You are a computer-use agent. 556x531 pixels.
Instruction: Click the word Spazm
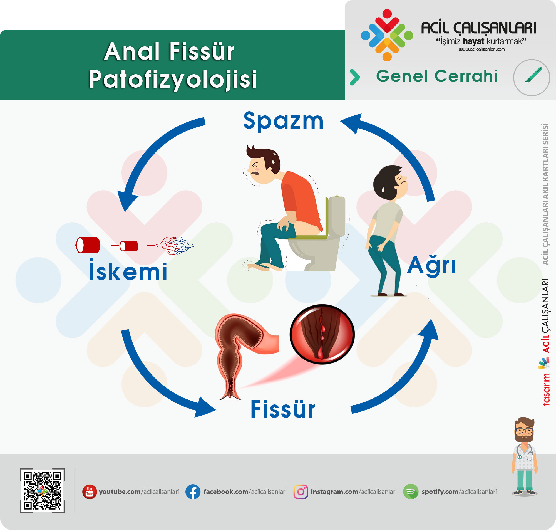[283, 121]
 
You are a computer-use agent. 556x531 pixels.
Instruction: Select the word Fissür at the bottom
[283, 409]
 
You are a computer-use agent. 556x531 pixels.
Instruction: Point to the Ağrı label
[431, 265]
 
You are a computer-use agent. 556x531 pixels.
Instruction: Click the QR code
[43, 490]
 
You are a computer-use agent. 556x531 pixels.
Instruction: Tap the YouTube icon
[90, 492]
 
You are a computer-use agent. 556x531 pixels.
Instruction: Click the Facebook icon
[193, 492]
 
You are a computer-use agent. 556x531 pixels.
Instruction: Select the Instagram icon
[301, 492]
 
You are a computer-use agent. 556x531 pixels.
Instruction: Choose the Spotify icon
[411, 492]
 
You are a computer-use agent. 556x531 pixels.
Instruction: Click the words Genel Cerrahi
[437, 76]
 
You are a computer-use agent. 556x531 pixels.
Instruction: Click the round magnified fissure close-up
[322, 334]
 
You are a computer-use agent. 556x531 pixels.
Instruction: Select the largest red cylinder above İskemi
[88, 245]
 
